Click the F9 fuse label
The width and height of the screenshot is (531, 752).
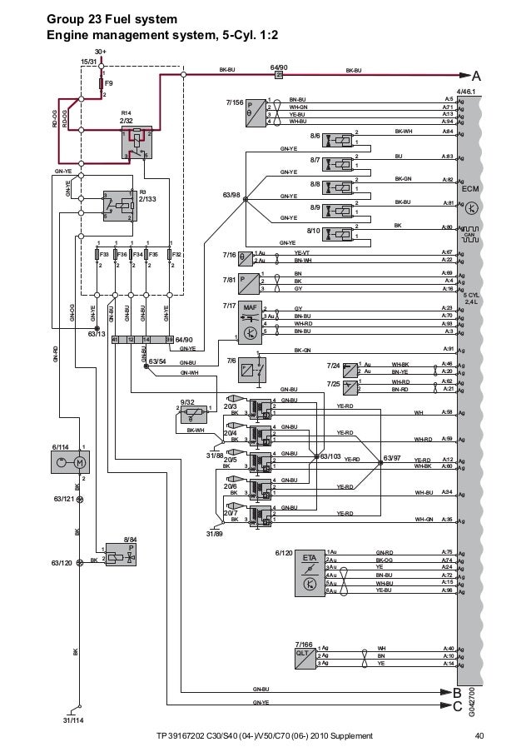tap(107, 83)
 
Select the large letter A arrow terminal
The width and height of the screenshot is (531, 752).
tap(476, 74)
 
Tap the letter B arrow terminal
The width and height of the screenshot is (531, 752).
tap(455, 692)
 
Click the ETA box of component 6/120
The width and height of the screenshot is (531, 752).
tap(310, 557)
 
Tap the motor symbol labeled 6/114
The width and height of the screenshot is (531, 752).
tap(78, 461)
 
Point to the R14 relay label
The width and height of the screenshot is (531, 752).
tap(127, 112)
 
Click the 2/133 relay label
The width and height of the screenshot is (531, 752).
tap(147, 199)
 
